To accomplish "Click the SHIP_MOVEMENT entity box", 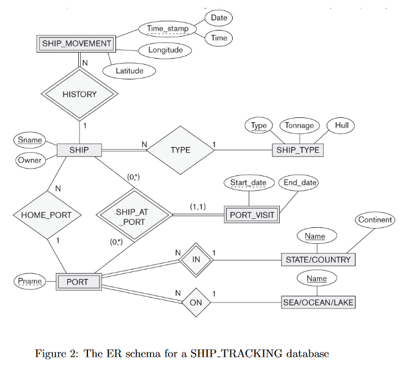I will (76, 43).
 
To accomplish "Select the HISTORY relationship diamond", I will (79, 94).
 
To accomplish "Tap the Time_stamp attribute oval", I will (167, 28).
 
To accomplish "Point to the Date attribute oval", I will (219, 18).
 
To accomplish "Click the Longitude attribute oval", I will (166, 50).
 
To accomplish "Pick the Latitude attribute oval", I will (129, 71).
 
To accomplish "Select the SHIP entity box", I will (79, 150).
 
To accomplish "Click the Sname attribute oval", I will (30, 140).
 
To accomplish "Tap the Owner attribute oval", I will (29, 161).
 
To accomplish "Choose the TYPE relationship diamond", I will (180, 150).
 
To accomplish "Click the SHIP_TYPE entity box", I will (297, 150).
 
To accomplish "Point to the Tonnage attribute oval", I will (299, 125).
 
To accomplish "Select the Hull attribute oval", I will (341, 125).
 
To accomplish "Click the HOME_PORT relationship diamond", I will (46, 215).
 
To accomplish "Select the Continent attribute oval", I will (375, 219).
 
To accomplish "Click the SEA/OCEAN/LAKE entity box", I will (318, 302).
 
